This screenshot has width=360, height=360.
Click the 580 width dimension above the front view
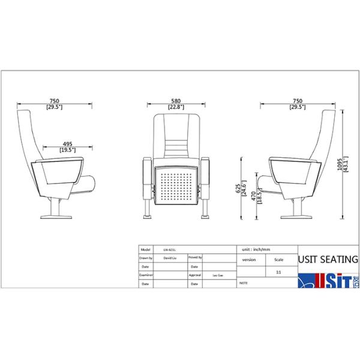(x=175, y=100)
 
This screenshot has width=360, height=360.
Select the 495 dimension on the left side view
(x=68, y=144)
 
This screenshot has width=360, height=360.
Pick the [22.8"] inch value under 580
(x=175, y=107)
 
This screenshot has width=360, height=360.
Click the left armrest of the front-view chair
(x=147, y=180)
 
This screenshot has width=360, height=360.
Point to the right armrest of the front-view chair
(x=206, y=180)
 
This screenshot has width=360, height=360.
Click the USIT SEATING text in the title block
(x=328, y=260)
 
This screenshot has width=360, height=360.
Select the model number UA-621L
(x=169, y=248)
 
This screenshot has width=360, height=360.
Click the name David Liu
(x=170, y=257)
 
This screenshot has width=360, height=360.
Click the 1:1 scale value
(x=278, y=272)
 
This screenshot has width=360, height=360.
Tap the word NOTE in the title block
(x=244, y=281)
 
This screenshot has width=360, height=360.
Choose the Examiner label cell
(x=147, y=274)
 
